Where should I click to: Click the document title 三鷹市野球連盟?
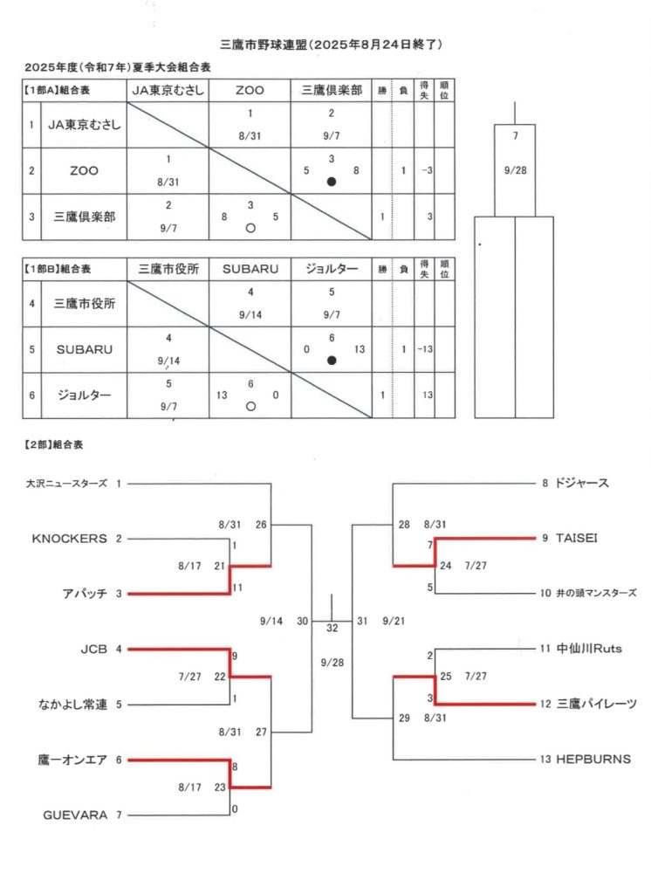[x=264, y=45]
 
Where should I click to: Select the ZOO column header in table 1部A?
[x=250, y=90]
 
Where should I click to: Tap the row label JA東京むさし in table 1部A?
[x=85, y=125]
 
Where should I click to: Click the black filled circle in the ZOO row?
[x=332, y=182]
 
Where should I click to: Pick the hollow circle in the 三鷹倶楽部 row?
[x=250, y=228]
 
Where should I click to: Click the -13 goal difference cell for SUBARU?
[x=425, y=349]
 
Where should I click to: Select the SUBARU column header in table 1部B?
[x=250, y=269]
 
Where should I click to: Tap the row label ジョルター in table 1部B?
[x=85, y=395]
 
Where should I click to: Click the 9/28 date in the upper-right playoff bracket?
[x=516, y=170]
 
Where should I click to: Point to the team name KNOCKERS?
[x=70, y=539]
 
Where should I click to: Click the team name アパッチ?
[x=85, y=594]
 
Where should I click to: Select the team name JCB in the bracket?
[x=93, y=649]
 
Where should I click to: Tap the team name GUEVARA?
[x=75, y=815]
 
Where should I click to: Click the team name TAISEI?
[x=577, y=538]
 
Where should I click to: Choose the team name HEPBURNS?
[x=593, y=760]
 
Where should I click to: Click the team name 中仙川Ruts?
[x=589, y=649]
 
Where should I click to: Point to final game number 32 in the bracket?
[x=332, y=628]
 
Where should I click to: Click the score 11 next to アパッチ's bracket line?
[x=237, y=588]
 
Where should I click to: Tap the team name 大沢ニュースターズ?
[x=66, y=484]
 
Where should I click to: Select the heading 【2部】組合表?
[x=52, y=444]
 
